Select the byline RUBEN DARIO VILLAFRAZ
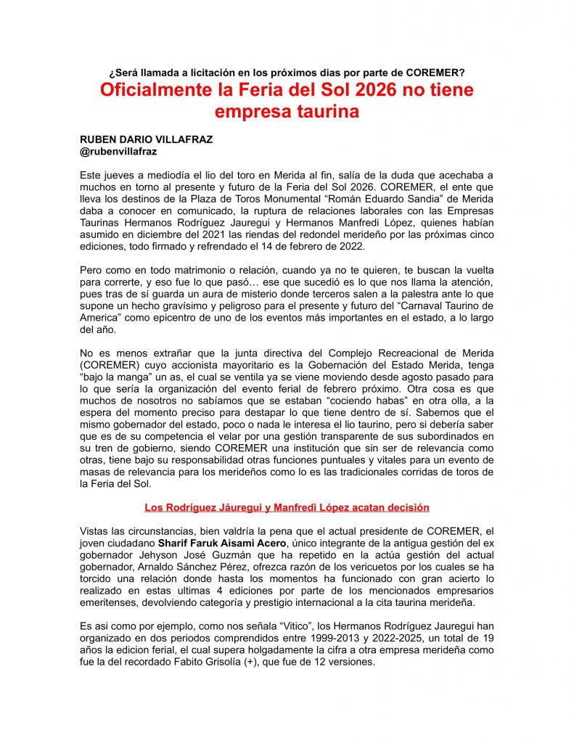click(x=146, y=139)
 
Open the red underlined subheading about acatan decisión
click(x=287, y=507)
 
